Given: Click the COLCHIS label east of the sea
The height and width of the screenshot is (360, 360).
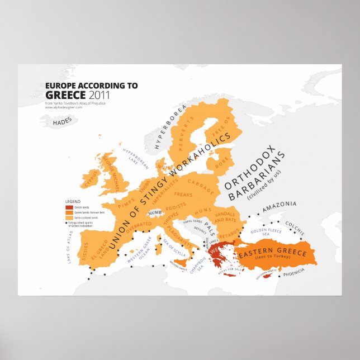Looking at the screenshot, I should [x=295, y=228].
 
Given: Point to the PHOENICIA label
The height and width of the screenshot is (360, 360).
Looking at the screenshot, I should [x=293, y=271].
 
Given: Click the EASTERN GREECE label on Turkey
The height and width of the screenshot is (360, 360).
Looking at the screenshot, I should [x=273, y=253].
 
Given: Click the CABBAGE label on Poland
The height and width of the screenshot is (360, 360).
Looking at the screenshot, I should [x=201, y=182].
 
